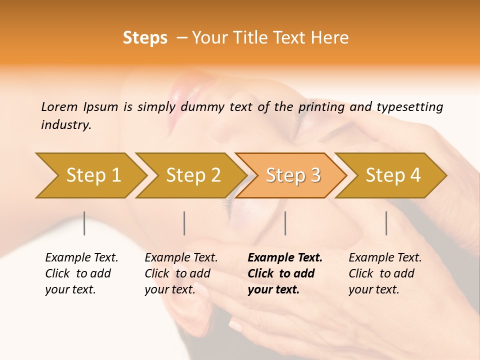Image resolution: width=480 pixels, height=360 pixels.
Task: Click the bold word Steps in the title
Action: [x=145, y=38]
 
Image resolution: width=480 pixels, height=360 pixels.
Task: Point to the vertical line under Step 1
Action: [x=84, y=223]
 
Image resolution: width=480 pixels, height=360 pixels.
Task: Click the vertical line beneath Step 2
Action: [x=184, y=223]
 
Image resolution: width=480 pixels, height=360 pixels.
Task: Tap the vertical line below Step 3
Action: [x=285, y=223]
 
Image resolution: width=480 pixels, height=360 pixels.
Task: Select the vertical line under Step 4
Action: [x=386, y=223]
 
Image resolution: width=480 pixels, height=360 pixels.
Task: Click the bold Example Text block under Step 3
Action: [x=284, y=273]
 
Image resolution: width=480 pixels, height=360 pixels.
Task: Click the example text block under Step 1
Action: [x=81, y=273]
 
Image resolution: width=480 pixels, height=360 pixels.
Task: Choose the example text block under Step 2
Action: [x=180, y=273]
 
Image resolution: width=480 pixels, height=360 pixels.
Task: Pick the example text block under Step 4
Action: [x=384, y=273]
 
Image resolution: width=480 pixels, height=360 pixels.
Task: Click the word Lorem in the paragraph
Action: [x=59, y=106]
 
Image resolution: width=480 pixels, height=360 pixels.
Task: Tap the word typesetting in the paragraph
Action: [x=409, y=107]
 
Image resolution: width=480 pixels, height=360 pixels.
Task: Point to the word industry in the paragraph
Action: [x=65, y=125]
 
